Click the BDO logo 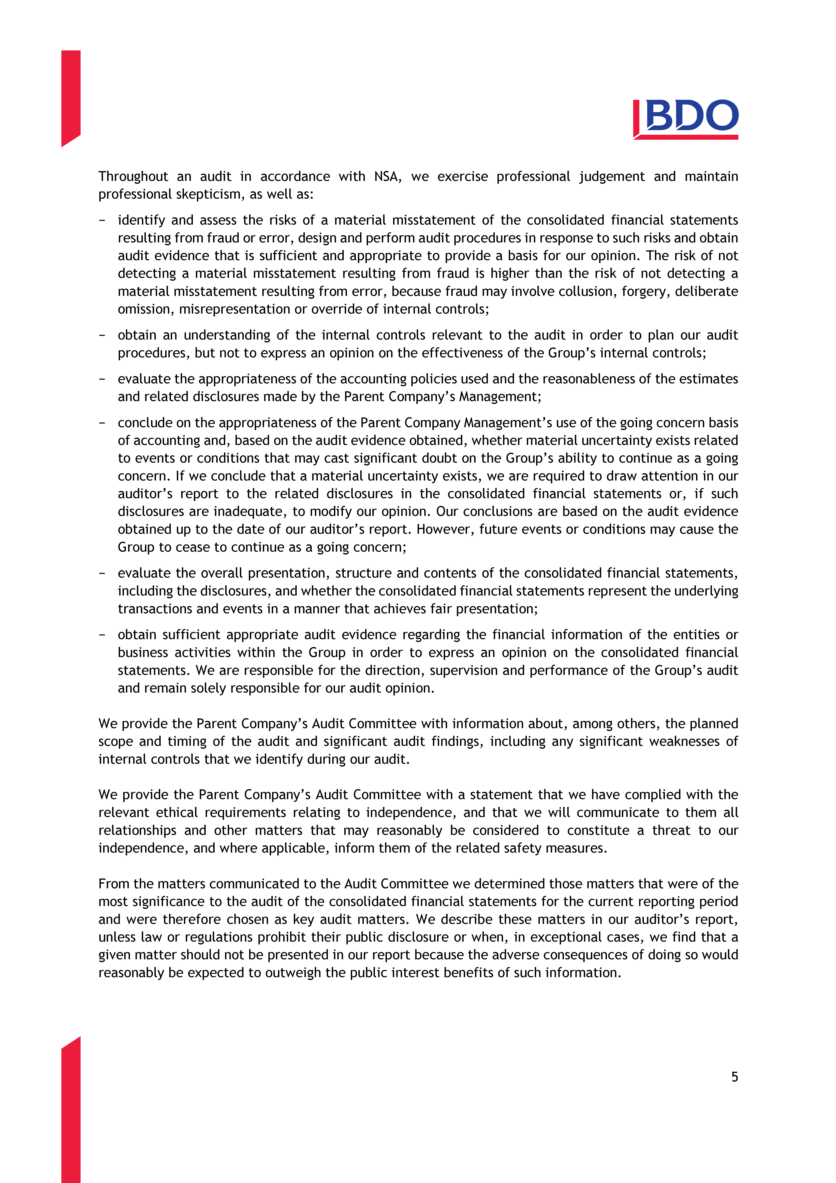coord(686,119)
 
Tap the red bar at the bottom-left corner coord(71,1113)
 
